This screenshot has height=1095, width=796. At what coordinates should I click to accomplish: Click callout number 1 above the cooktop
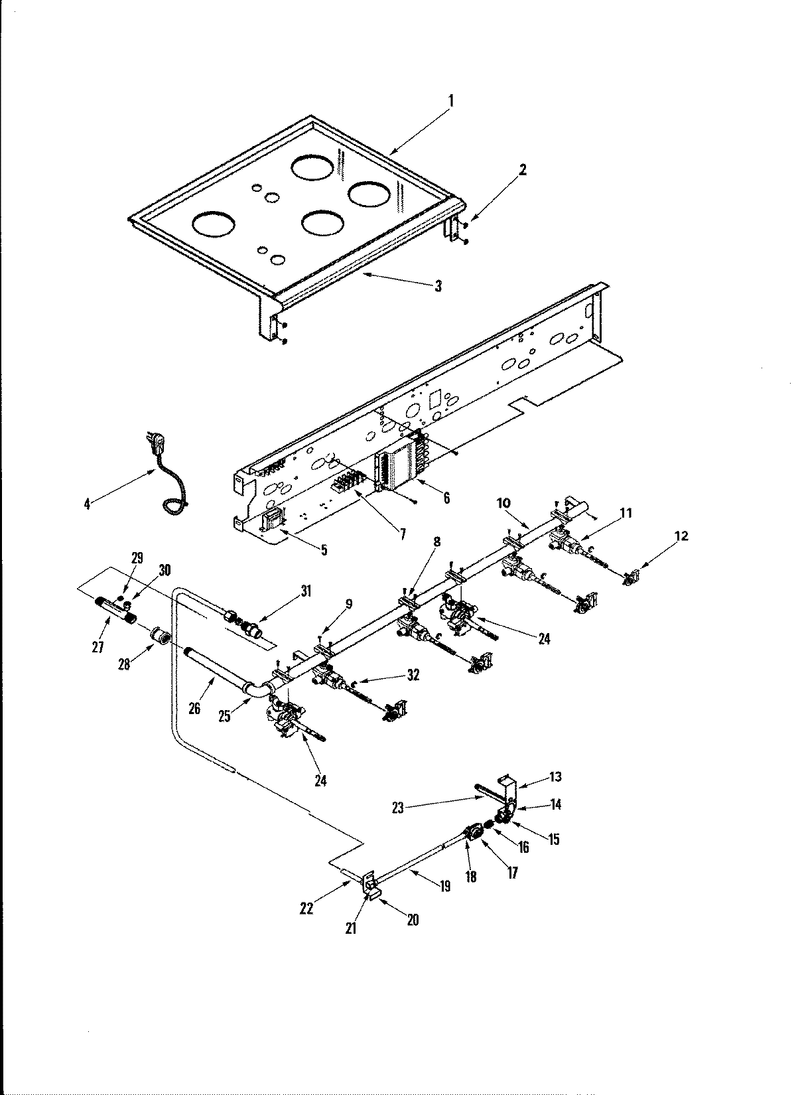451,102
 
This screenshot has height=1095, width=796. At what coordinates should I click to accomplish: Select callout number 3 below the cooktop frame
438,286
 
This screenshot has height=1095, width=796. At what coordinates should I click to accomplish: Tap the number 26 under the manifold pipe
194,709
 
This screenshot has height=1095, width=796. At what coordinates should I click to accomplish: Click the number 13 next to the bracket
555,777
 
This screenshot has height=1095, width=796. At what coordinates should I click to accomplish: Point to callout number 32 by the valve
413,676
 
